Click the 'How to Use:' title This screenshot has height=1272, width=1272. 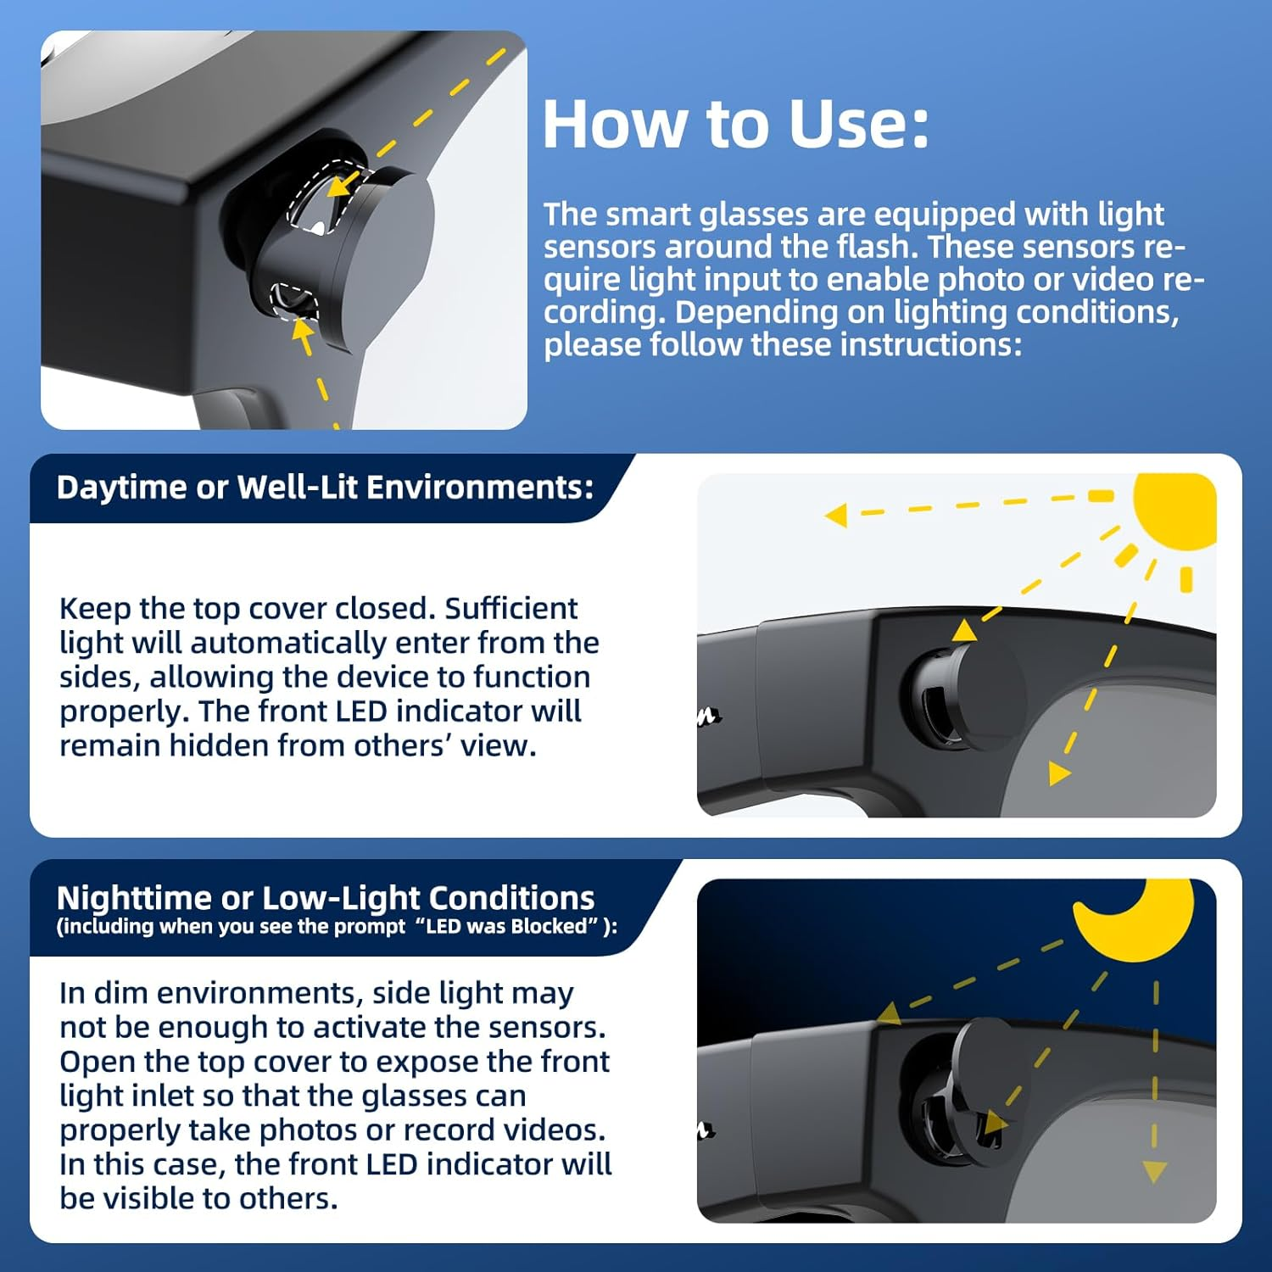(735, 124)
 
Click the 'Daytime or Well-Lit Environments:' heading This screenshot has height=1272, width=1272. (325, 488)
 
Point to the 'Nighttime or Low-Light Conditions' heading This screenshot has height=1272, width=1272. (326, 897)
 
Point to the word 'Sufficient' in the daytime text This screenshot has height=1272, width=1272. (511, 609)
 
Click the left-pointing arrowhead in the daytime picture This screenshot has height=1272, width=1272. (836, 515)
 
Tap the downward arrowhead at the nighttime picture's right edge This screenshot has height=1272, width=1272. (1155, 1173)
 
